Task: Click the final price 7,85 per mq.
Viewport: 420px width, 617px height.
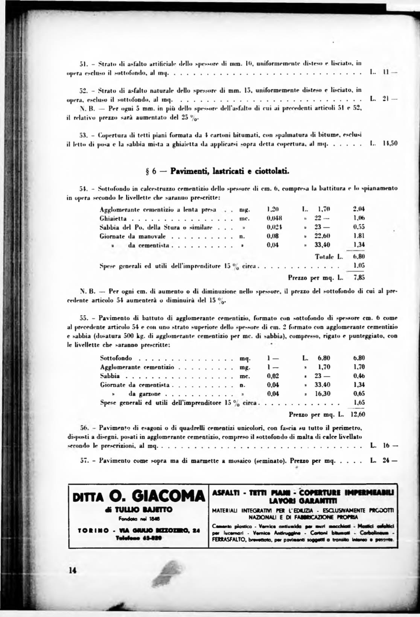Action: coord(359,278)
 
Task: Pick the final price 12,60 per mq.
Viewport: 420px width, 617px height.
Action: coord(358,415)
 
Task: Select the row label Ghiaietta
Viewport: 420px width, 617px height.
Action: coord(113,218)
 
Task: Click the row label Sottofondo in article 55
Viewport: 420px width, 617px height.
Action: coord(116,358)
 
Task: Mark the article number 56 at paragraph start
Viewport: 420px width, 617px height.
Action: coord(84,428)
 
